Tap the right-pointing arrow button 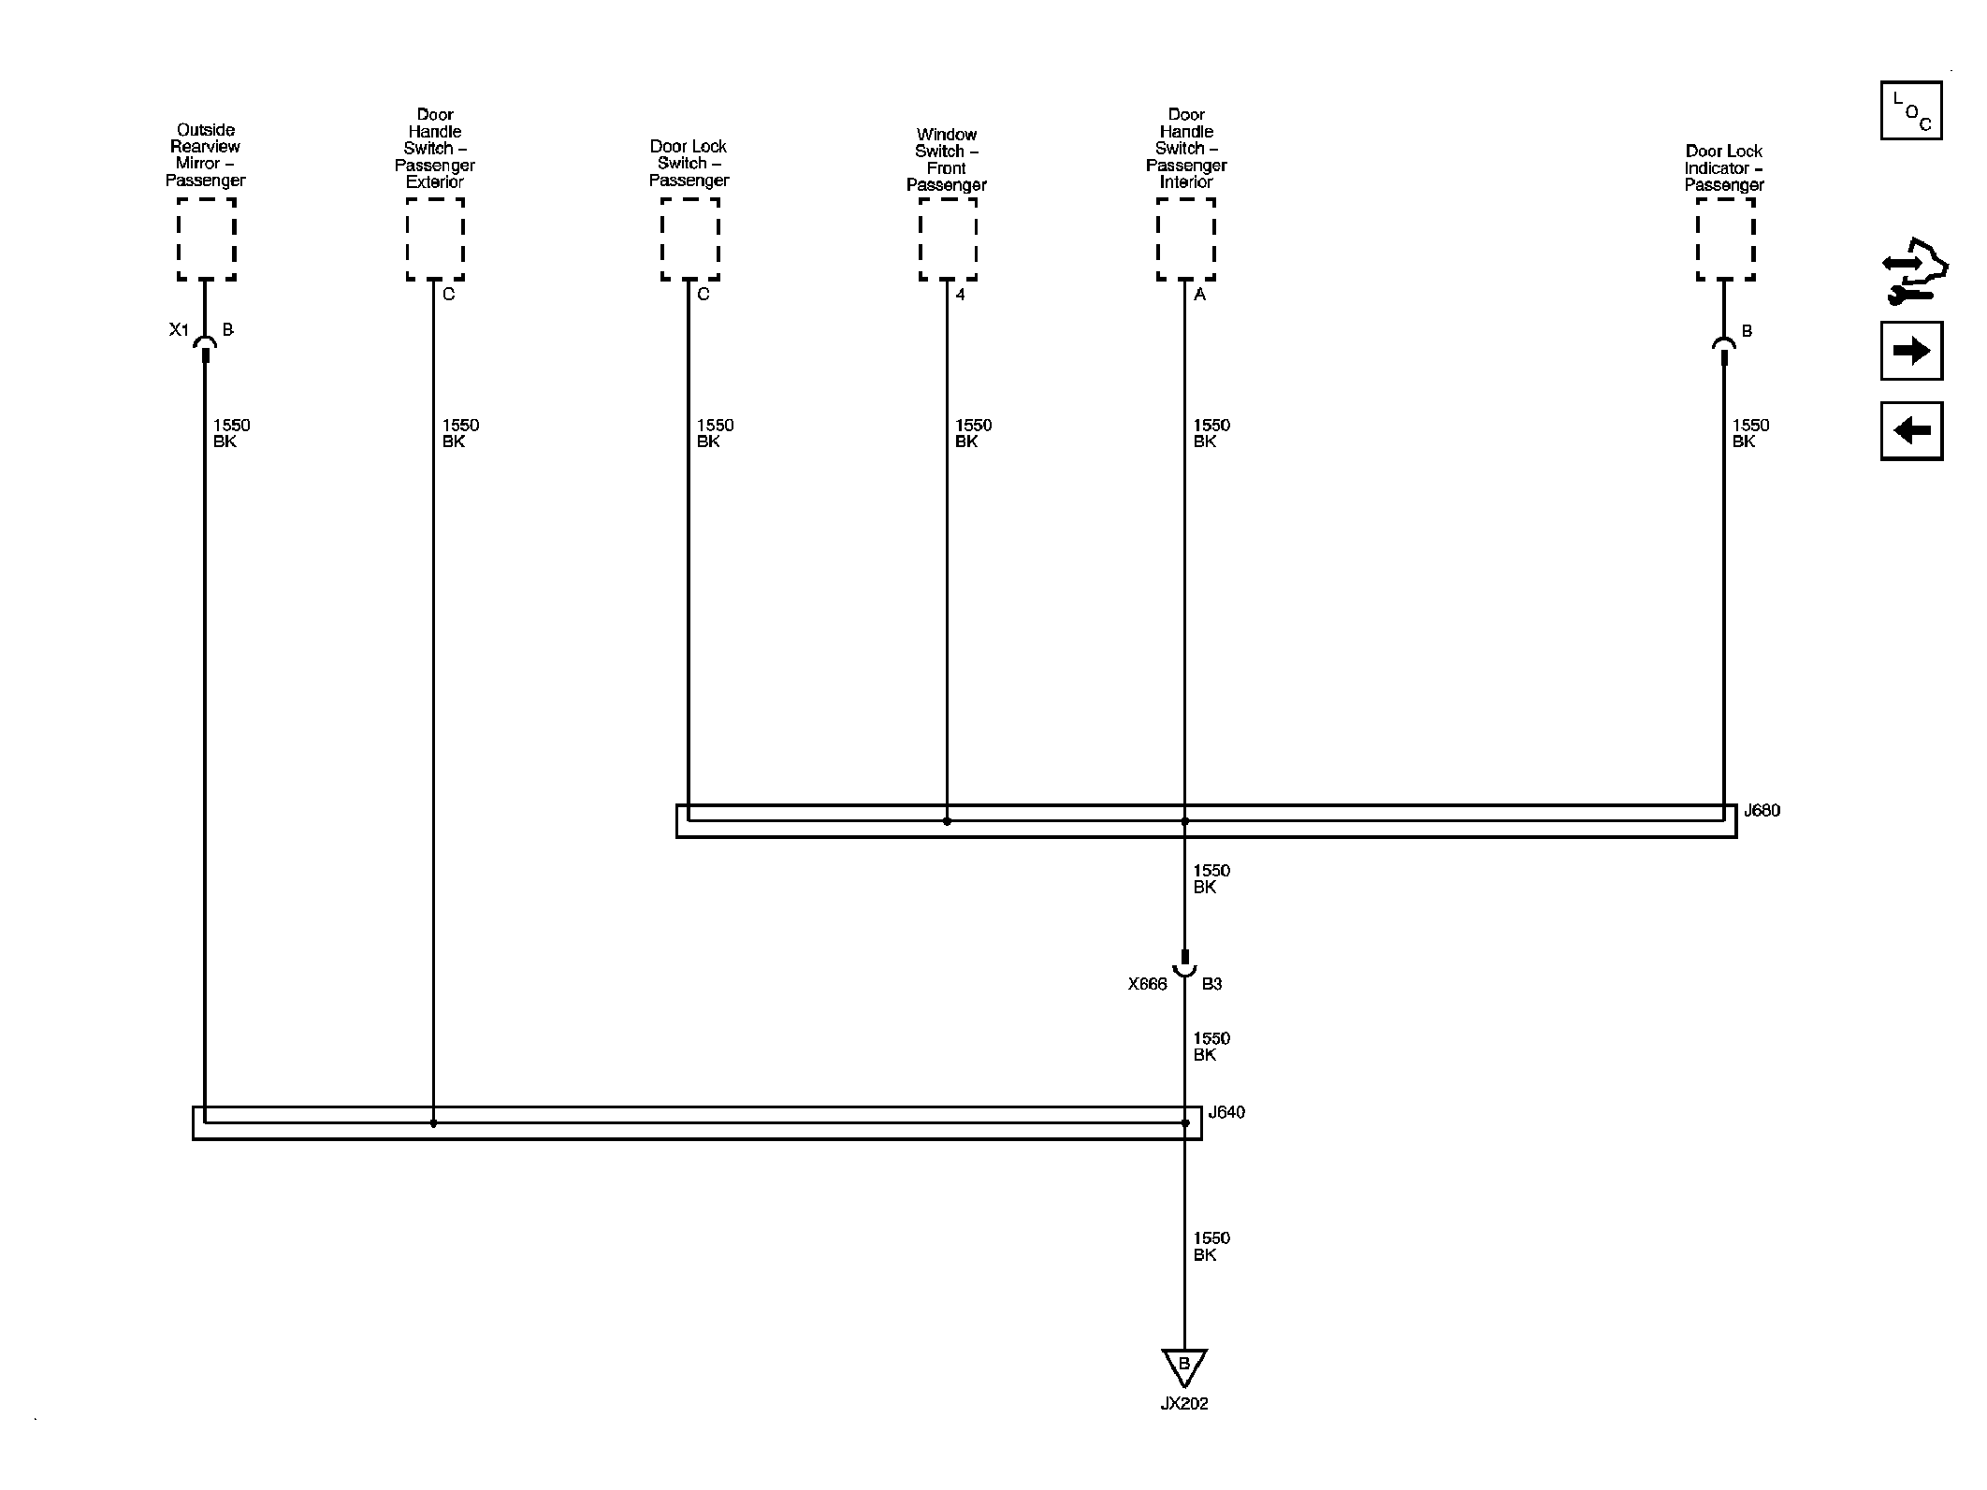tap(1911, 351)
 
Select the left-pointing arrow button tap(1911, 430)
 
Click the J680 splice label tap(1762, 811)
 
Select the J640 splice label tap(1226, 1112)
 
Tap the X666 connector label tap(1147, 984)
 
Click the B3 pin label tap(1211, 984)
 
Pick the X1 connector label tap(179, 330)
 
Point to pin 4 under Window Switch tap(960, 295)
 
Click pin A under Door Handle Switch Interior tap(1200, 295)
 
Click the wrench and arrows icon tap(1914, 271)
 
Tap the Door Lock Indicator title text tap(1724, 168)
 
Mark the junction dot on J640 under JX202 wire tap(1185, 1123)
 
